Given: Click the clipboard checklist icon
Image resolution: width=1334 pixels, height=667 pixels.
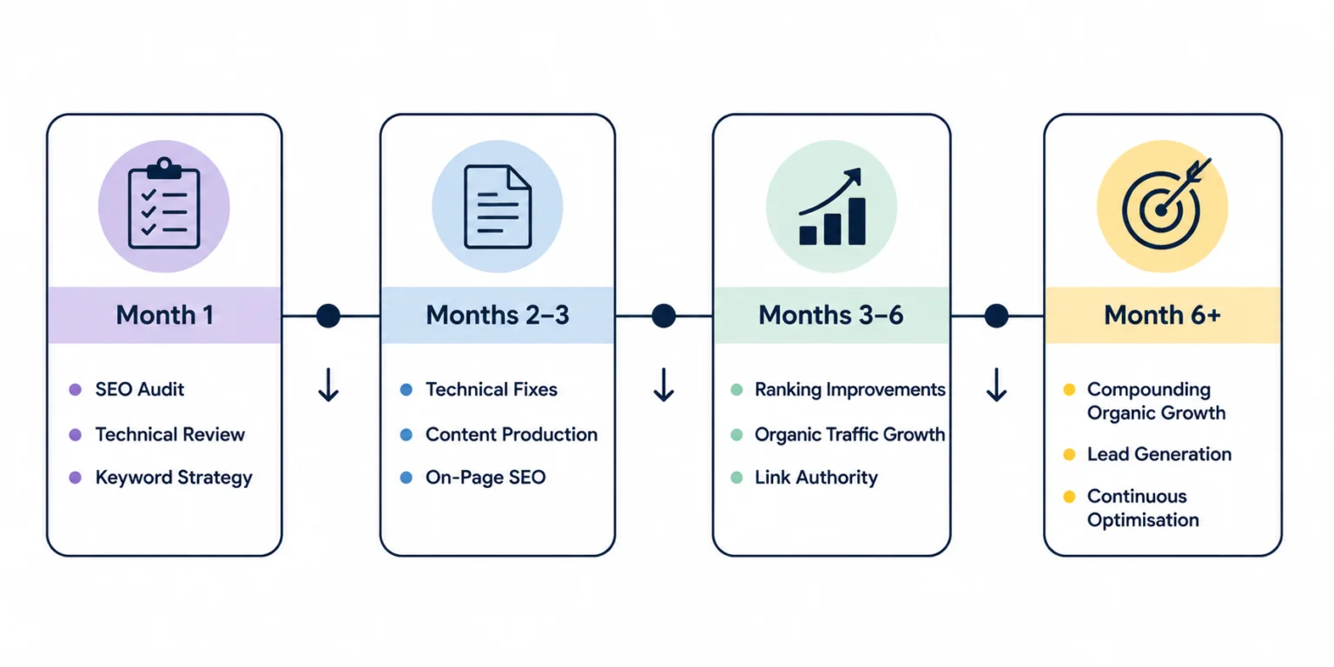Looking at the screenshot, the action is [164, 203].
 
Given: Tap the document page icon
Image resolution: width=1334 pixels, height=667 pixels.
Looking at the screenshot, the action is [498, 207].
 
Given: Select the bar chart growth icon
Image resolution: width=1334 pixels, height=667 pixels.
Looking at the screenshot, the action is [832, 206].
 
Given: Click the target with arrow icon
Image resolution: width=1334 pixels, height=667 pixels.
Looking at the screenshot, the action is [1165, 203].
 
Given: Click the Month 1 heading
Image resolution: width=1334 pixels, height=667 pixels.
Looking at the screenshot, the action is [164, 315].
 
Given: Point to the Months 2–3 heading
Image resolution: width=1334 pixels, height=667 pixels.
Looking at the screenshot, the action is [498, 315].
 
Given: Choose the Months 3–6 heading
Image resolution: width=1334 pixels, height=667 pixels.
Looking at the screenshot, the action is [831, 315].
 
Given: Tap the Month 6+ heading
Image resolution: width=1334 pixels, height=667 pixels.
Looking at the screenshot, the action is [1163, 315].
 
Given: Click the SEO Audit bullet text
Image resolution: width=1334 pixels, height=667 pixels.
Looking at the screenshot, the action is [139, 389].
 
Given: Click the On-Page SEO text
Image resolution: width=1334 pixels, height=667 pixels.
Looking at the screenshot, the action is [485, 478].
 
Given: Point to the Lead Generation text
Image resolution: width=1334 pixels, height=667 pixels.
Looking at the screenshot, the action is [1159, 454].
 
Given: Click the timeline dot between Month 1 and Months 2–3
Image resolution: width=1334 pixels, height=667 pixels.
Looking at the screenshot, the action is [328, 315].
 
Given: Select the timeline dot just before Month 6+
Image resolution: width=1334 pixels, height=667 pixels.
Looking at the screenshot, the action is [996, 315].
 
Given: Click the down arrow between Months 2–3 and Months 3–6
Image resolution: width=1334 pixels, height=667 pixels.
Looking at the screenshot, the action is [664, 385].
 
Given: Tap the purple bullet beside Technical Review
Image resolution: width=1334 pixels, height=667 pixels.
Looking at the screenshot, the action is [75, 435].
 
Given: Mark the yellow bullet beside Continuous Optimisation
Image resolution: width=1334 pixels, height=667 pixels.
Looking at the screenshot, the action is [1069, 497].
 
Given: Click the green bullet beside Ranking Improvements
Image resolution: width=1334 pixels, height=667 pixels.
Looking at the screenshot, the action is [736, 390].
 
